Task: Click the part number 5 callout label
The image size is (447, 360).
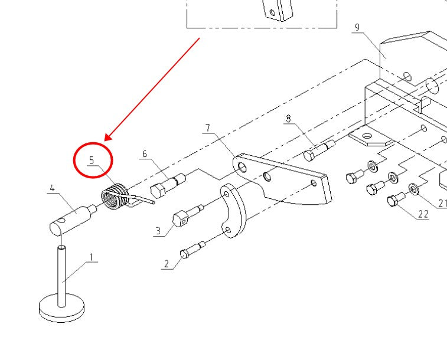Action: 92,160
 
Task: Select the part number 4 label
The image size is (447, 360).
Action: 52,188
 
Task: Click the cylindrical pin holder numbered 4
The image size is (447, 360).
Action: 71,218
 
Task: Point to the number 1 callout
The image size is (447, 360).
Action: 92,257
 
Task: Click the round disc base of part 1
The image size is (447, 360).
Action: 61,309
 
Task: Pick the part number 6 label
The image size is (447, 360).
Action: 144,154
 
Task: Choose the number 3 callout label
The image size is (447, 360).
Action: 158,231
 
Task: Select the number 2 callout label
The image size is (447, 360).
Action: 167,264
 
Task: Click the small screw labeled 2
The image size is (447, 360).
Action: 191,250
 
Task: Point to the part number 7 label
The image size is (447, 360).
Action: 208,128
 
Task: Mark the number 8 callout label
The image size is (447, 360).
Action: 288,119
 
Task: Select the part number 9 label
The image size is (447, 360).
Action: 357,27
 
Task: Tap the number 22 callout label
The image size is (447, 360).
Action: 423,214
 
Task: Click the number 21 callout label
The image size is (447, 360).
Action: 442,203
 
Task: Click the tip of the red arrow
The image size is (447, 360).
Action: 105,140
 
